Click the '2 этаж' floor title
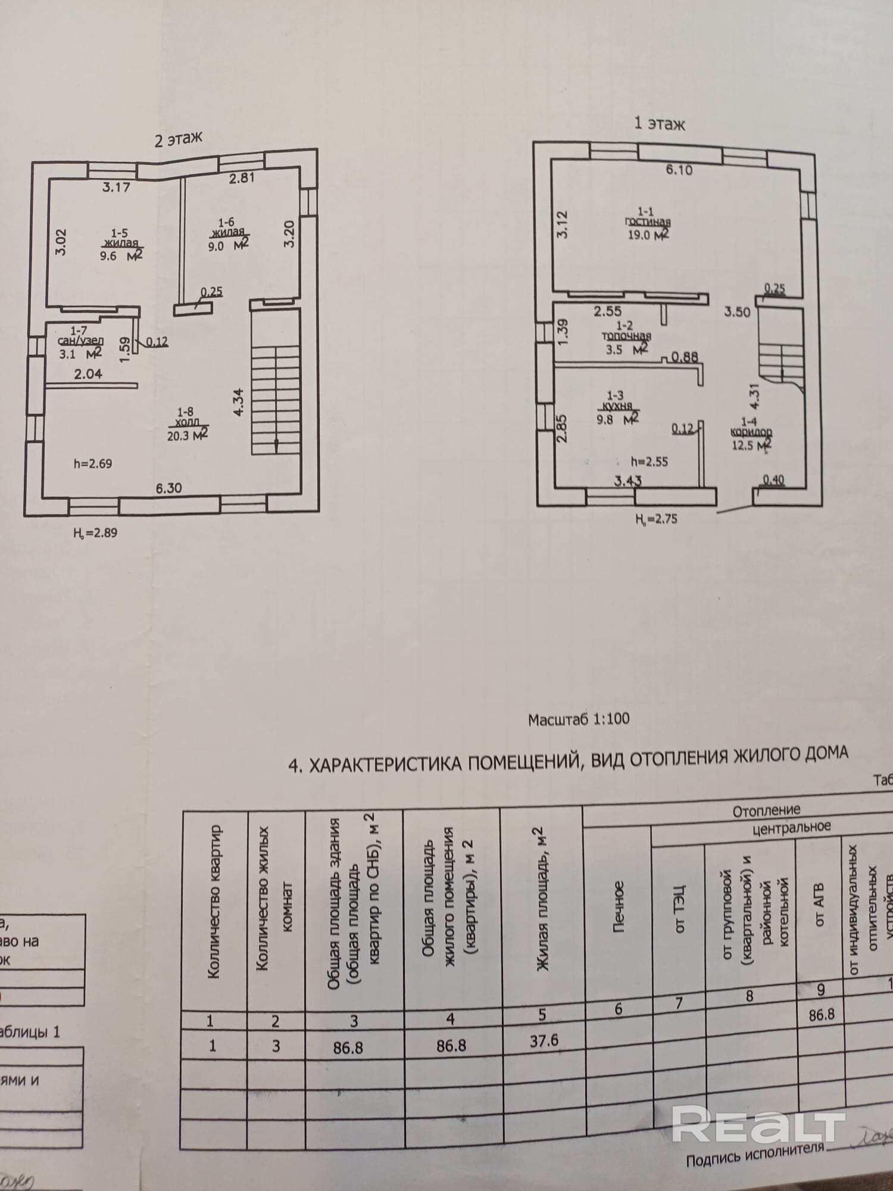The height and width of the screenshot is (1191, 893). point(178,139)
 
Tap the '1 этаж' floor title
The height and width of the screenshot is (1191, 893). point(659,123)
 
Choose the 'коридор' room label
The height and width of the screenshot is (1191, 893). point(751,432)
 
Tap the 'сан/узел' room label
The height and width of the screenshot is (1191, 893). point(81,341)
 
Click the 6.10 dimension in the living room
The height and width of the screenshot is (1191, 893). point(679,170)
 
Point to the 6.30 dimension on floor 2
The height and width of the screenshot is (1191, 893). point(168,488)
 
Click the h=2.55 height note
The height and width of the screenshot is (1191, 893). point(650,462)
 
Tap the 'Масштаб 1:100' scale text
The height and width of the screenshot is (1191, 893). point(578,719)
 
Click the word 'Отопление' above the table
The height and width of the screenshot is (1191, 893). point(766,810)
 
